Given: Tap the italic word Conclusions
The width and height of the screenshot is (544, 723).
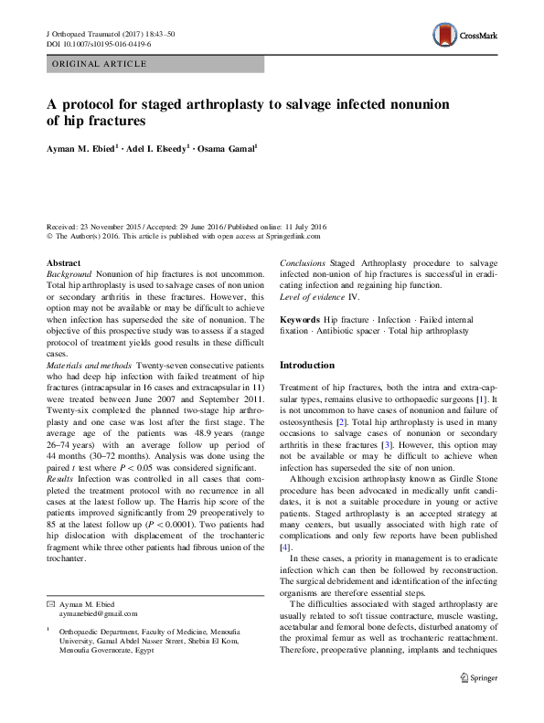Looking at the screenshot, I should pos(303,262).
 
